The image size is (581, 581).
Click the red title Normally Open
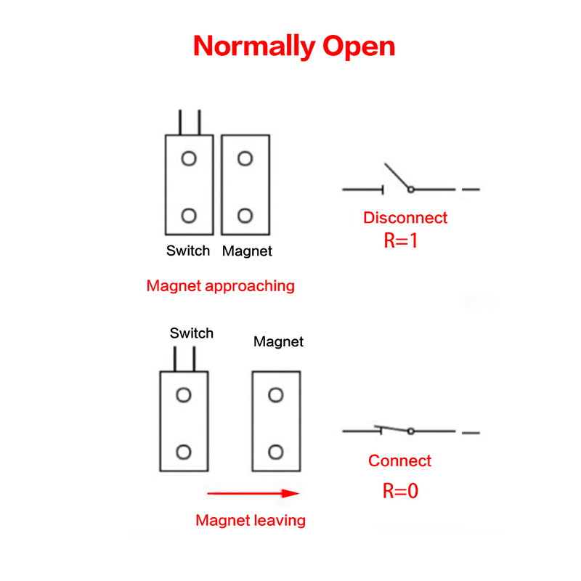pyautogui.click(x=294, y=46)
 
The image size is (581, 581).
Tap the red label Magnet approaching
pyautogui.click(x=221, y=285)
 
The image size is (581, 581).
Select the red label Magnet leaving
pyautogui.click(x=251, y=520)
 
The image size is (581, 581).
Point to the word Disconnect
pyautogui.click(x=405, y=217)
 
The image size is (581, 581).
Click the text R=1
pyautogui.click(x=401, y=241)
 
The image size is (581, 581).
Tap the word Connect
pyautogui.click(x=399, y=460)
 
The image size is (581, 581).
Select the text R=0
pyautogui.click(x=401, y=491)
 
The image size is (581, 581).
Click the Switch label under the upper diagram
pyautogui.click(x=188, y=251)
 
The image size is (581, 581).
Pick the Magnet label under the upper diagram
pyautogui.click(x=247, y=251)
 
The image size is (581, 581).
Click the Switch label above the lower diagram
pyautogui.click(x=192, y=333)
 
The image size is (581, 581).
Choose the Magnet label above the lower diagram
pyautogui.click(x=278, y=341)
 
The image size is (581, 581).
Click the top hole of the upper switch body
pyautogui.click(x=189, y=158)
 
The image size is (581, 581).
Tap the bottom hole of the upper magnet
pyautogui.click(x=245, y=215)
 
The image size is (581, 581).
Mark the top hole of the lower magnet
pyautogui.click(x=275, y=395)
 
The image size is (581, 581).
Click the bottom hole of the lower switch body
pyautogui.click(x=184, y=452)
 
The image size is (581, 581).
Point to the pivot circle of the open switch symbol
pyautogui.click(x=410, y=189)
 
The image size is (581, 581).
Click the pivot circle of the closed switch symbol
pyautogui.click(x=410, y=431)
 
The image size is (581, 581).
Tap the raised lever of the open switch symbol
pyautogui.click(x=397, y=176)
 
